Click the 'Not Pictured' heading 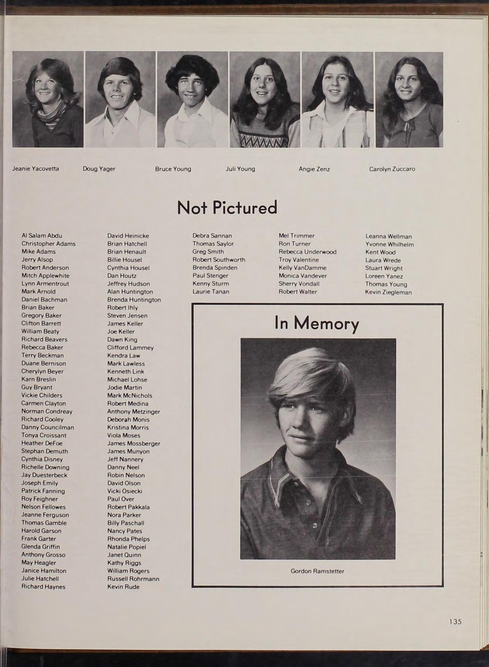coord(227,207)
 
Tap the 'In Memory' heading coord(317,323)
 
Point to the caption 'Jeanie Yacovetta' coord(36,169)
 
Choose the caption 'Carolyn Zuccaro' coord(392,169)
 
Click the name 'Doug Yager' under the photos coord(99,169)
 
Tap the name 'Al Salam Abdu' coord(42,236)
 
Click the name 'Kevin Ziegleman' coord(388,292)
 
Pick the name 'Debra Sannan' coord(212,236)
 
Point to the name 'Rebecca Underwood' coord(307,252)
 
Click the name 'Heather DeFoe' coord(42,443)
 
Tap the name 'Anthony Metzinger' coord(134,412)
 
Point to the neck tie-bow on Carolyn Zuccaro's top coord(409,127)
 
